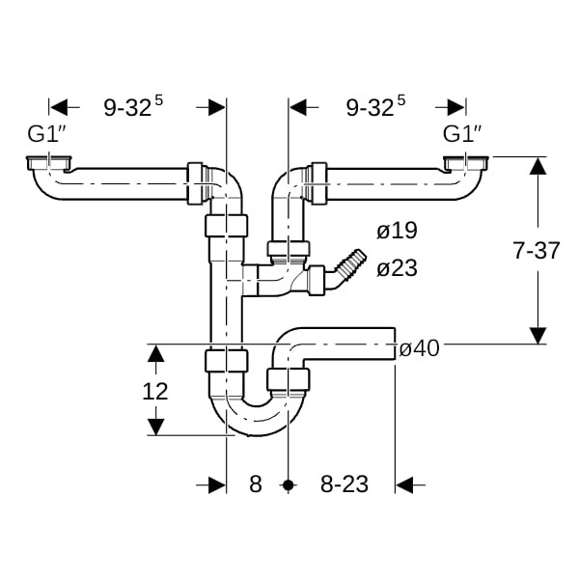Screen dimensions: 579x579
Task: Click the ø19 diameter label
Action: [x=397, y=231]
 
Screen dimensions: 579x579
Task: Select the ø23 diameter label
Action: [x=397, y=267]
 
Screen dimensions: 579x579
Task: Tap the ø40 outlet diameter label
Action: [x=420, y=348]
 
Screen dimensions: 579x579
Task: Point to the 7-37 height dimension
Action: [x=537, y=250]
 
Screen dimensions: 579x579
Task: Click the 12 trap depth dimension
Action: [x=155, y=391]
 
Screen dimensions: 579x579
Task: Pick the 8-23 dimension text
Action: [x=345, y=484]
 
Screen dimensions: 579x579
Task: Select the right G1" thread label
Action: [x=461, y=134]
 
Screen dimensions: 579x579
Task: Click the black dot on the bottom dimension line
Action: [x=288, y=484]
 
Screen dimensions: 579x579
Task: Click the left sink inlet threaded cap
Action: [x=49, y=163]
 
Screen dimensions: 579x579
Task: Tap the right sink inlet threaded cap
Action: [x=466, y=163]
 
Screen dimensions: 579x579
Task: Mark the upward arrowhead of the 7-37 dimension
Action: [x=538, y=165]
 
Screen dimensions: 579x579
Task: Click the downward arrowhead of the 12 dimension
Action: [x=155, y=427]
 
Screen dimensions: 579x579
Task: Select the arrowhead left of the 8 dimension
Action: [x=217, y=484]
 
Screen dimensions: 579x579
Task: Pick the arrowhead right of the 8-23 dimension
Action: [x=404, y=484]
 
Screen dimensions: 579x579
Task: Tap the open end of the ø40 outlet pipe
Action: [x=395, y=344]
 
